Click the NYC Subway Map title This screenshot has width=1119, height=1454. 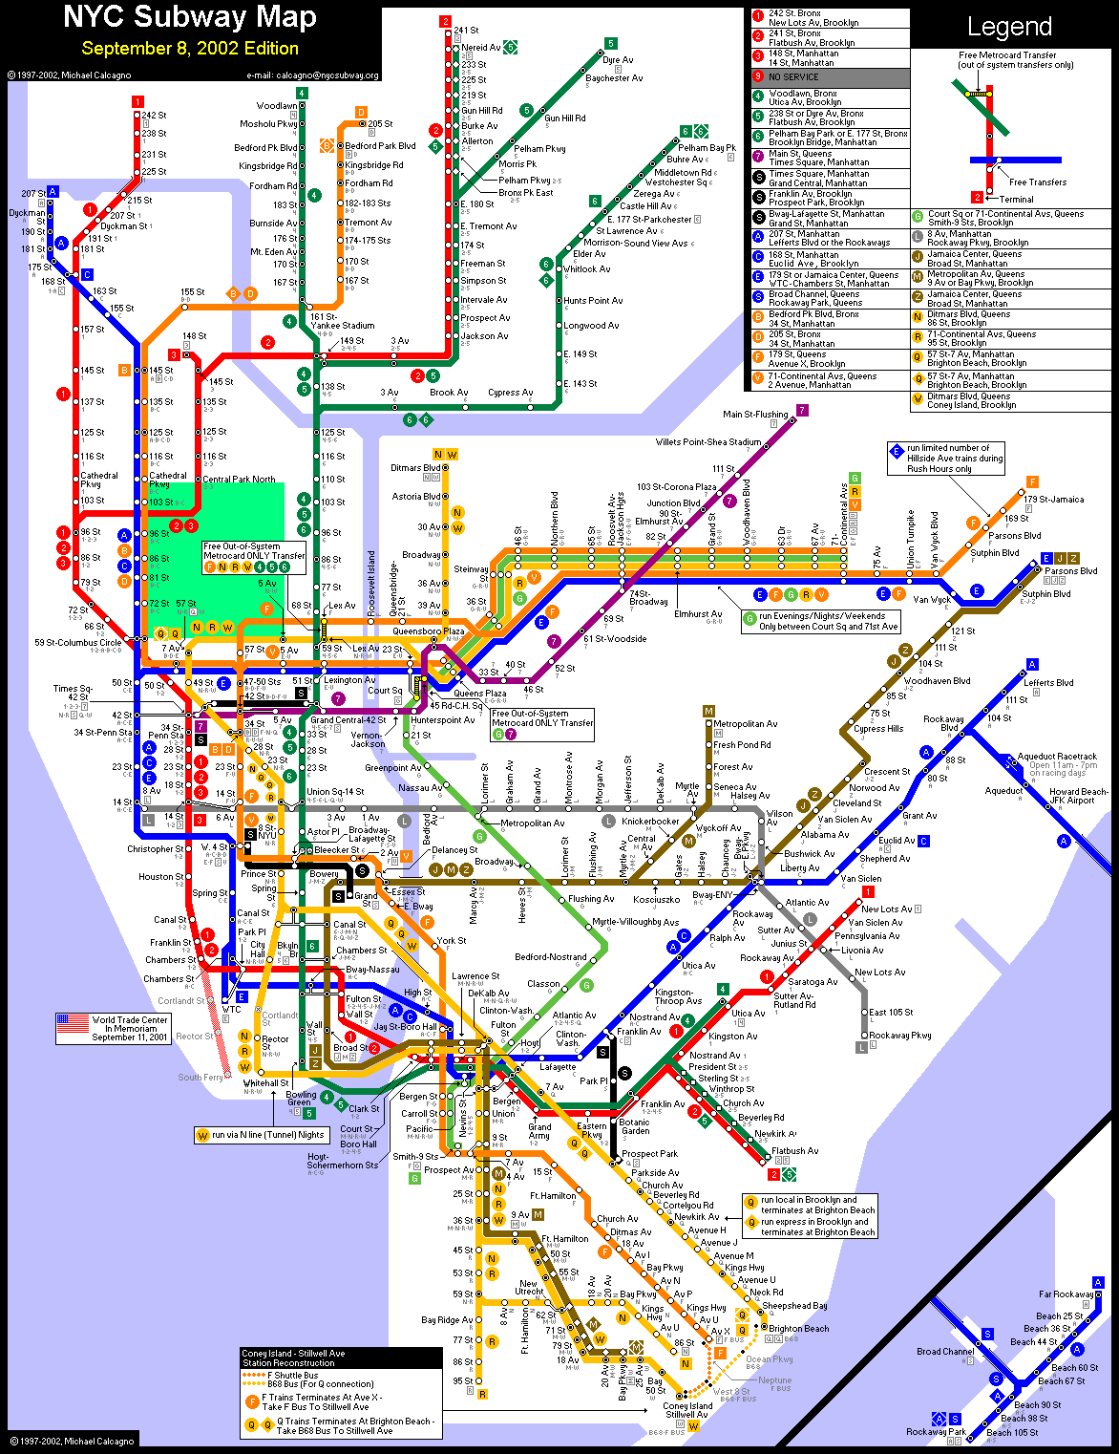click(190, 17)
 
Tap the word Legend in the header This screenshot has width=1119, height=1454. click(1009, 27)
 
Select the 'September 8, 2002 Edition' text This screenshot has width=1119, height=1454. click(190, 49)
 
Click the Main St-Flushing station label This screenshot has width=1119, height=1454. click(755, 415)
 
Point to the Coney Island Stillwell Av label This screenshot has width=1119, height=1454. click(687, 1410)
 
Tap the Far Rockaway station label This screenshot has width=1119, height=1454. click(1066, 1294)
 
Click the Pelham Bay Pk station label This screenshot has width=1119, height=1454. click(707, 148)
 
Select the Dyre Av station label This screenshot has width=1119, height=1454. click(618, 60)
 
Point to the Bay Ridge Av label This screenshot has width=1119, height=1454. click(447, 1320)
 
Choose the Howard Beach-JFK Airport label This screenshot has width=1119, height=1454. click(1079, 796)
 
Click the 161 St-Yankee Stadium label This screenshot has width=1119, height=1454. click(336, 321)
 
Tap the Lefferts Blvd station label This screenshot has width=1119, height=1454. click(1048, 683)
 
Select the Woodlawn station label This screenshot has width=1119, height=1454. click(277, 106)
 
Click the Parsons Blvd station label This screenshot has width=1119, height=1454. click(1070, 571)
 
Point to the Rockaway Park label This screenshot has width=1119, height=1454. click(936, 1432)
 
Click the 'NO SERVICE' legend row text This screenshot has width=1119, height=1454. click(793, 77)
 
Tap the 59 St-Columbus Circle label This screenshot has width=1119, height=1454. click(78, 643)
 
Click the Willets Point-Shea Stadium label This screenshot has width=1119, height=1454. click(708, 442)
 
